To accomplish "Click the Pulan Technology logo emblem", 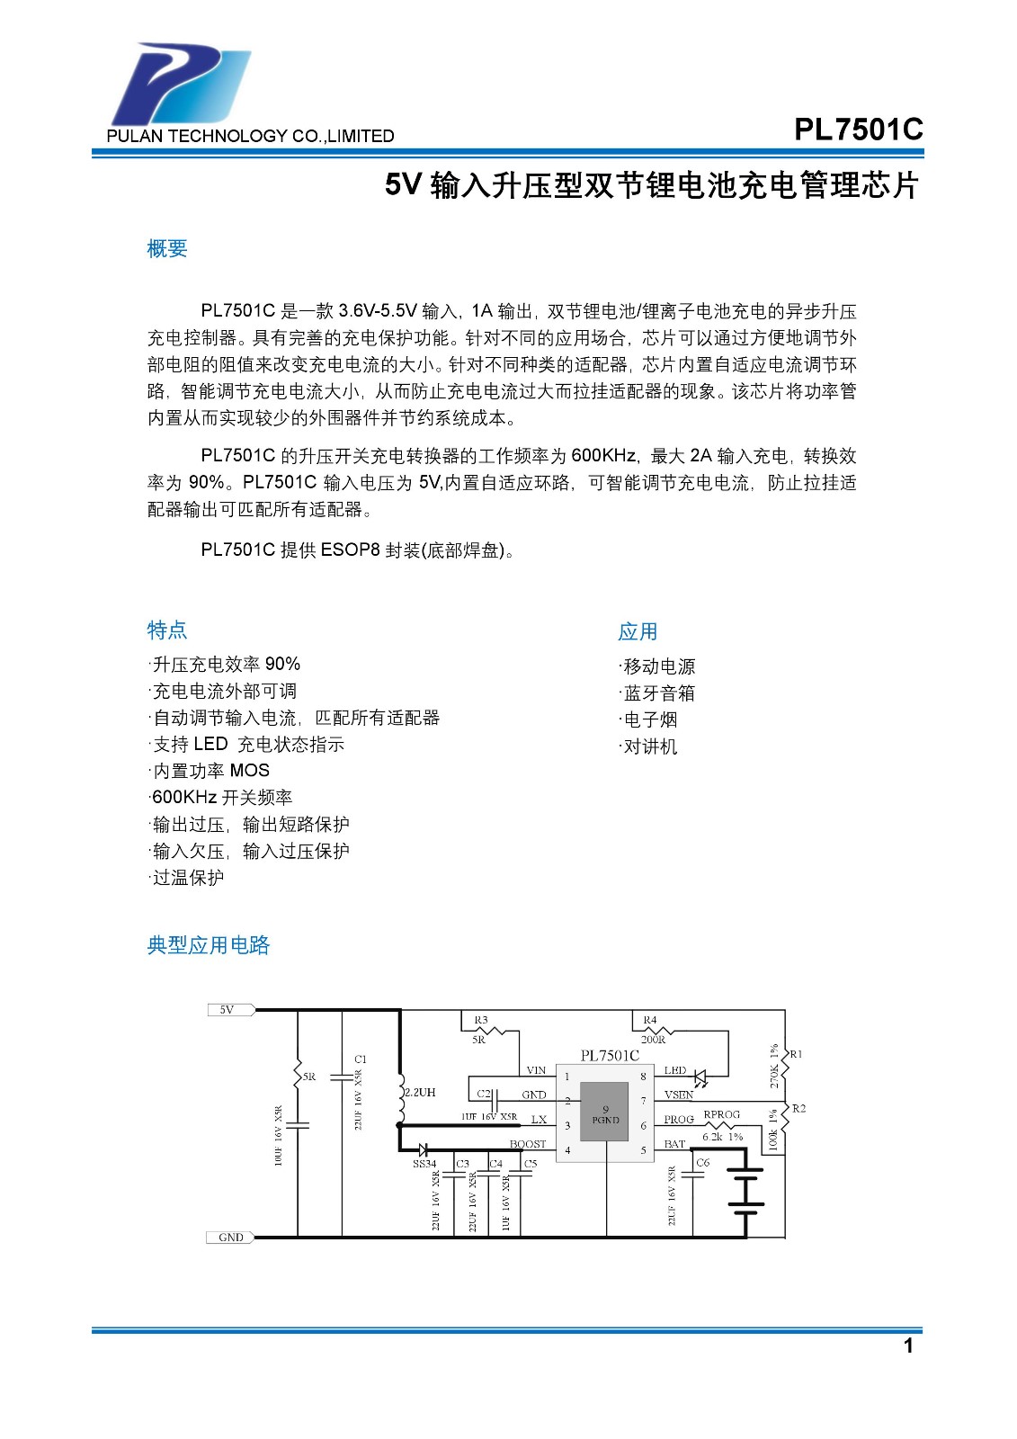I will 180,85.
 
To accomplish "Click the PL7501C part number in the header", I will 858,130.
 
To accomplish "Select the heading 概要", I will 167,249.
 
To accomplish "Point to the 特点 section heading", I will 167,630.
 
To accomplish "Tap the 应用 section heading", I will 638,632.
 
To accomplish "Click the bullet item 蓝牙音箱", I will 658,693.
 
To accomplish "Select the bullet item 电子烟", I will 649,720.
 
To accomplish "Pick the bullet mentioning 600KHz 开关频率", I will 221,798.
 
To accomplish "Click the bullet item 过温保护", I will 187,878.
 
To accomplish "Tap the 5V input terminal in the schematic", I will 229,1010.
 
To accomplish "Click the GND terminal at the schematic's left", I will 230,1238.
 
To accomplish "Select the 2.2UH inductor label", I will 420,1093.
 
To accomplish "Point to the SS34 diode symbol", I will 423,1149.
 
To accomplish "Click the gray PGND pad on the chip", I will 604,1113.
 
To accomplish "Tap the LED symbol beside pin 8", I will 702,1077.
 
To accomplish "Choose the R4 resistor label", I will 650,1021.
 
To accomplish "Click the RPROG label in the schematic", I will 721,1114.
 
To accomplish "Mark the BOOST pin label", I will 528,1144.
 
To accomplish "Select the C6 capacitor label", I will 703,1163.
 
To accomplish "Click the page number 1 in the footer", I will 908,1345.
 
